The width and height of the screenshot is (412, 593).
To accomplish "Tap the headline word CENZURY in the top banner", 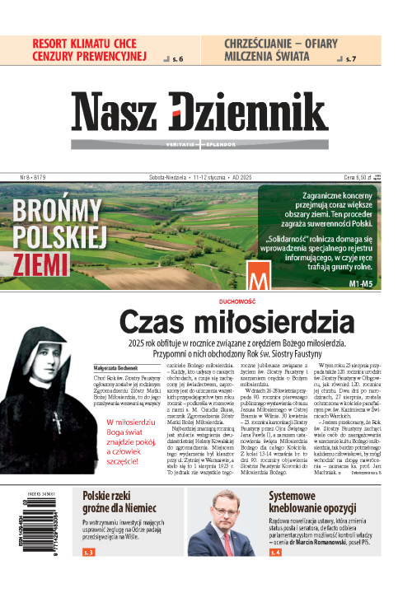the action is click(66, 56).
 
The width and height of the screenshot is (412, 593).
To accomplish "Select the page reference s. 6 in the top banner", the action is click(178, 58).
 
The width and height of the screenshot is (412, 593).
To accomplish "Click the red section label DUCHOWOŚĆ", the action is click(206, 301).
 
